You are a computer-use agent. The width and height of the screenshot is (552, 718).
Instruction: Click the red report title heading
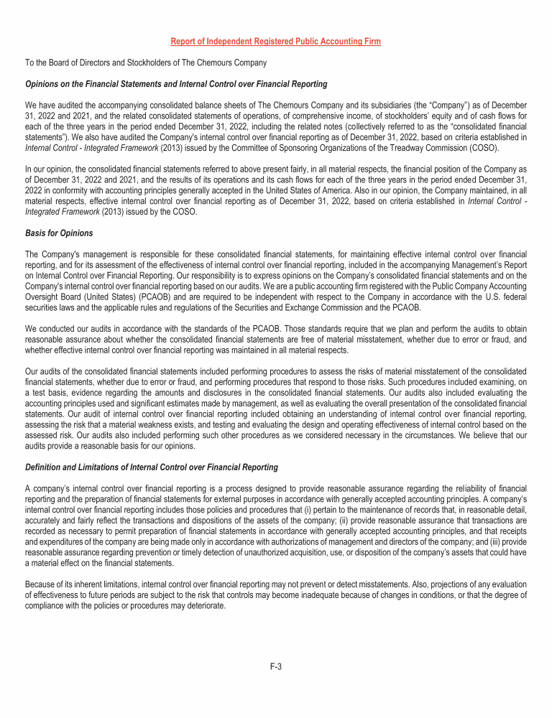coord(276,42)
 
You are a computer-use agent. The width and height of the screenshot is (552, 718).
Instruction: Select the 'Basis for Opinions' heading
coord(59,233)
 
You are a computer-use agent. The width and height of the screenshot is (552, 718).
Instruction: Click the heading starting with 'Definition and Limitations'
coord(151,467)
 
